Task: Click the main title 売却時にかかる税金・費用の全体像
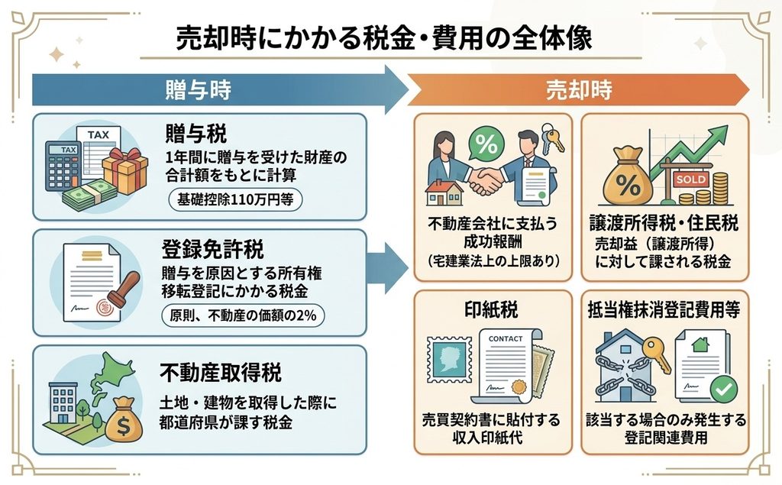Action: tap(384, 38)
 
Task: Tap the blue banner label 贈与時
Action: tap(198, 90)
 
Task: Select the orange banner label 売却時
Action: tap(579, 90)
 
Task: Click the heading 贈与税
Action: tap(196, 133)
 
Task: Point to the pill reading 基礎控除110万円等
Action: tap(235, 199)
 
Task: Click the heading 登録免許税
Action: tap(212, 249)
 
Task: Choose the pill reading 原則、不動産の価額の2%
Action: tap(243, 315)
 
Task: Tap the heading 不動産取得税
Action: tap(221, 372)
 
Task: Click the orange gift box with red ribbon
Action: tap(125, 170)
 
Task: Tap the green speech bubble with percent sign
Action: tap(486, 144)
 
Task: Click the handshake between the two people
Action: tap(486, 180)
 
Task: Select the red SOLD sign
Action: tap(690, 179)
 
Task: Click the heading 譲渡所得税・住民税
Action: tap(664, 223)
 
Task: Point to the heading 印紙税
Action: tap(491, 310)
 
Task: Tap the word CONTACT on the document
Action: tap(506, 339)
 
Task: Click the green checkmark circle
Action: tap(724, 390)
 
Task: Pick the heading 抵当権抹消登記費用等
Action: tap(664, 310)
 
